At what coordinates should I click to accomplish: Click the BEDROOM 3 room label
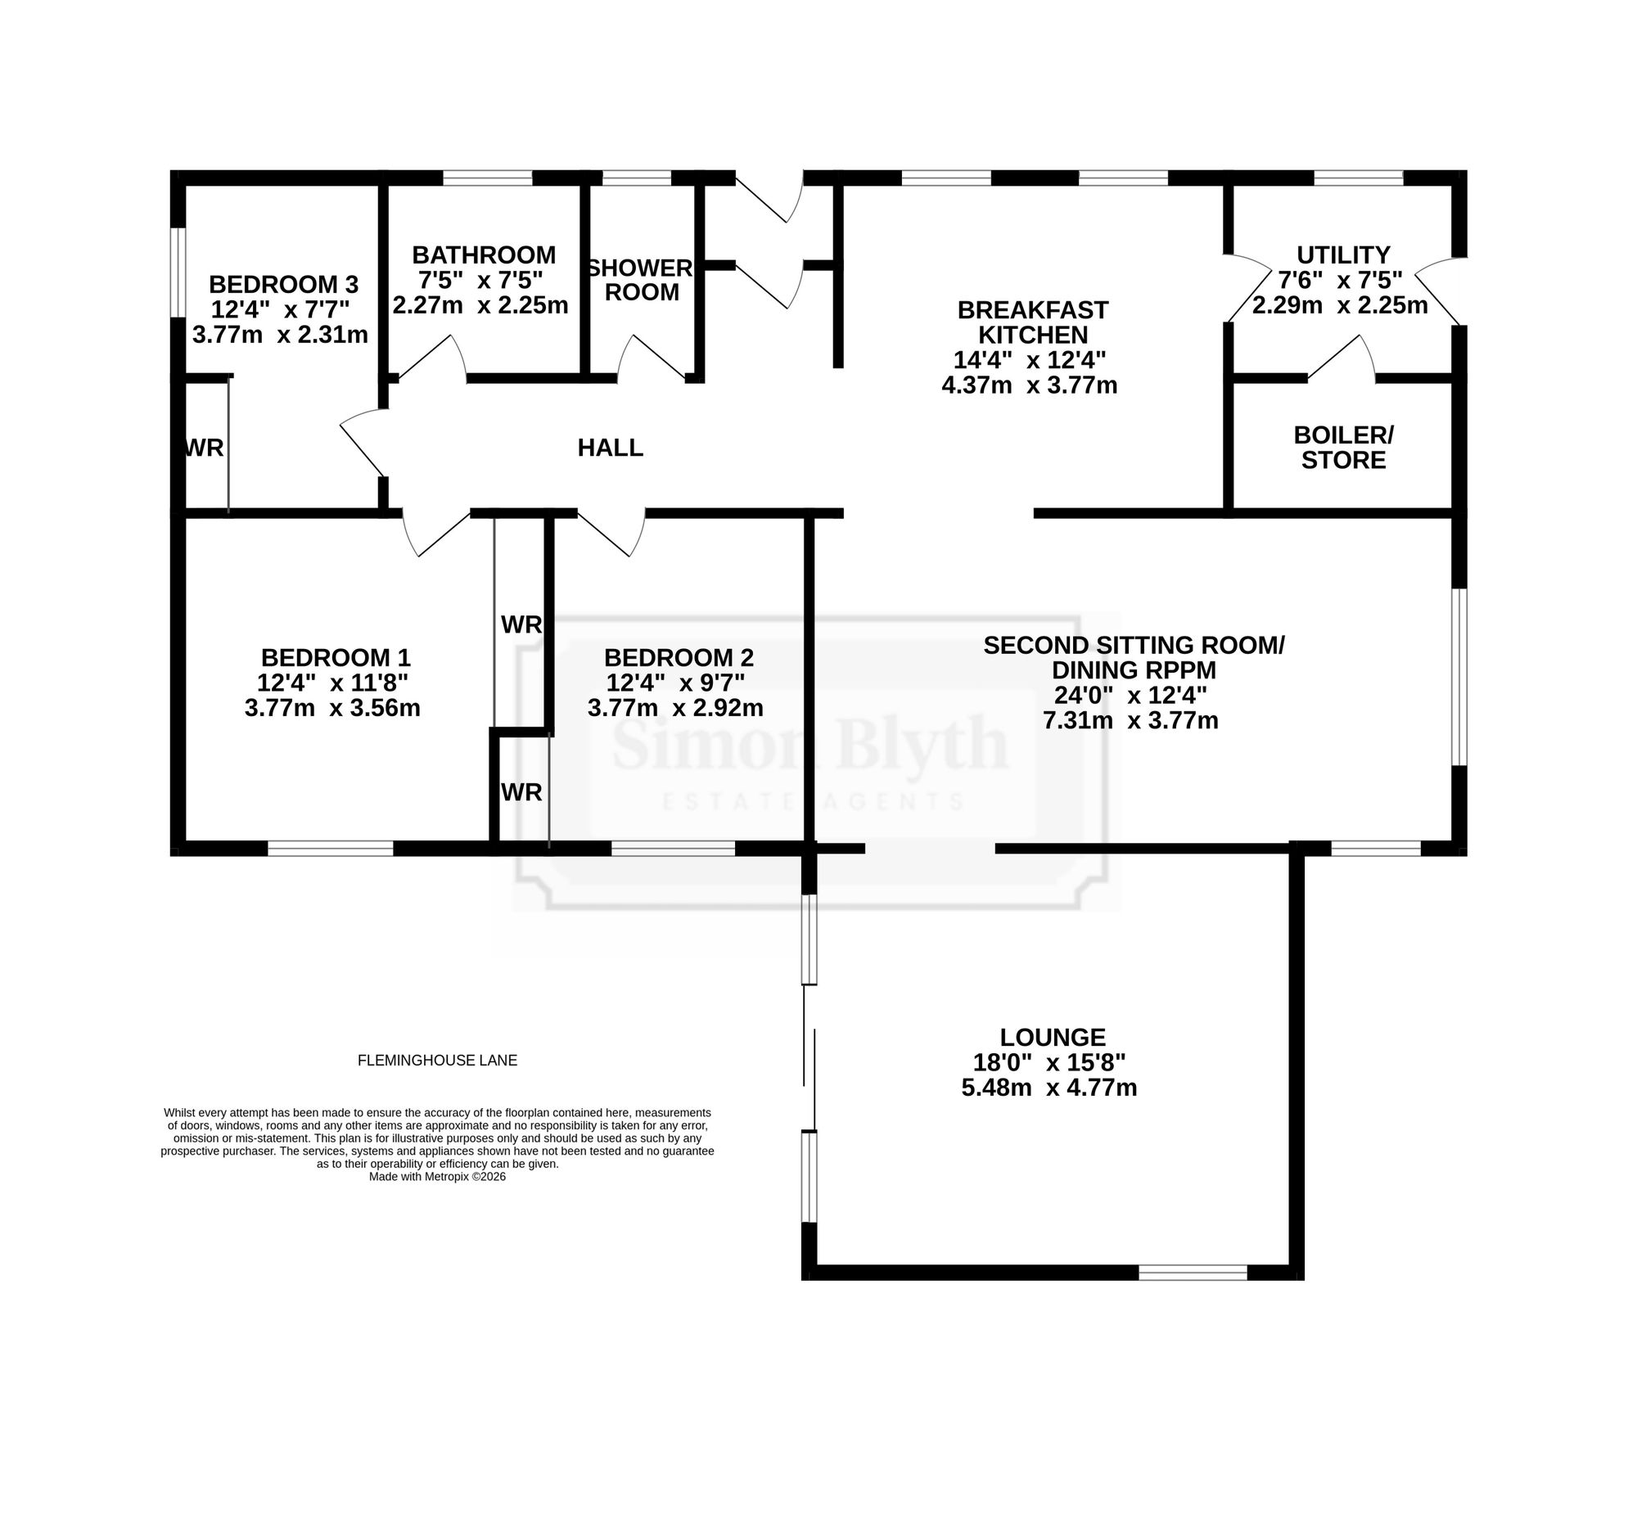click(283, 284)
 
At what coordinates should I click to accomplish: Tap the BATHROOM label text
click(484, 255)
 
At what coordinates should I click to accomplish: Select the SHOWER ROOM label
click(642, 280)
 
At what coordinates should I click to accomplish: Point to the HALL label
click(610, 448)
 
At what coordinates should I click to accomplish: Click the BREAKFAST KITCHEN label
click(1033, 322)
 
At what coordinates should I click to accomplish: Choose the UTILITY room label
click(1343, 255)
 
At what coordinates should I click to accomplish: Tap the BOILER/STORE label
click(1343, 447)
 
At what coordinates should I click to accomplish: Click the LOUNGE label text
click(1053, 1036)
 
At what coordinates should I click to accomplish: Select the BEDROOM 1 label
click(335, 658)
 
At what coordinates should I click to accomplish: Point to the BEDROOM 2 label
click(679, 658)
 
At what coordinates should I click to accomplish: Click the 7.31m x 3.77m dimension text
click(1130, 720)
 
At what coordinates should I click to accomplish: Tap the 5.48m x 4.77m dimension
click(1049, 1088)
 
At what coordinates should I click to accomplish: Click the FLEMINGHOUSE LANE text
click(437, 1061)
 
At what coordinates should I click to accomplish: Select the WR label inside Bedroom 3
click(204, 448)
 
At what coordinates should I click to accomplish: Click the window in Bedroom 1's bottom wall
click(330, 848)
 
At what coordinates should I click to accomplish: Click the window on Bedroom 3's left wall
click(178, 272)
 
